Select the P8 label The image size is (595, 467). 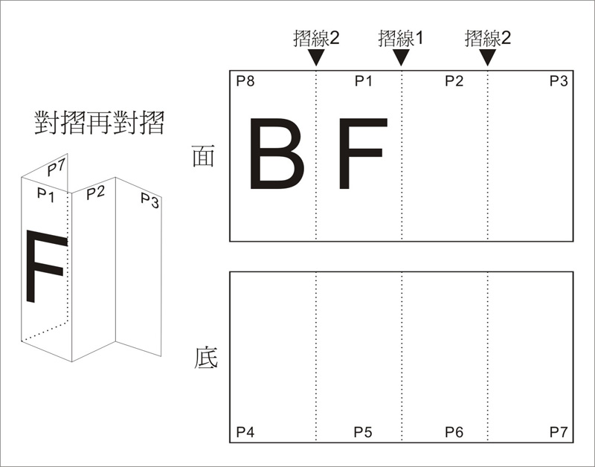(x=245, y=81)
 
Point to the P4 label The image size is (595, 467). (x=245, y=432)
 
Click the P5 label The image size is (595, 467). (x=363, y=432)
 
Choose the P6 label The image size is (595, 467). (x=454, y=432)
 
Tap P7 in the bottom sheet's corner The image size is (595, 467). (x=559, y=432)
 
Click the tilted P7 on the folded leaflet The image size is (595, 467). (x=57, y=167)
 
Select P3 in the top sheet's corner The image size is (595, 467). (x=559, y=81)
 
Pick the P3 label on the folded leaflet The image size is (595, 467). (x=149, y=200)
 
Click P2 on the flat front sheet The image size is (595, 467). (x=454, y=81)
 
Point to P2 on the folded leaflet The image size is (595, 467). (x=95, y=193)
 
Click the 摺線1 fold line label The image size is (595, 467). (x=400, y=39)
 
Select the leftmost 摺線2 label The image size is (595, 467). (x=316, y=39)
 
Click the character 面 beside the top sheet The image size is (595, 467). (x=203, y=155)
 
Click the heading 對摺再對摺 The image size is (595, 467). (x=100, y=123)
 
